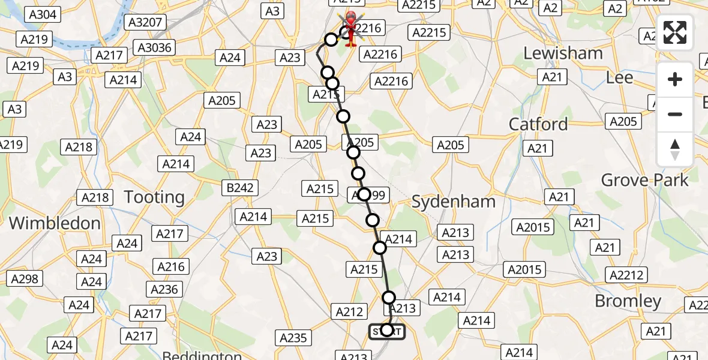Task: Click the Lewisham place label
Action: tap(563, 53)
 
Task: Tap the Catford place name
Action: tap(538, 124)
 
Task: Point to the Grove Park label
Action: tap(645, 179)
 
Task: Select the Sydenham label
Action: tap(454, 202)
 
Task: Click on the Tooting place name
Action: tap(154, 197)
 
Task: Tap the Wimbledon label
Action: tap(55, 223)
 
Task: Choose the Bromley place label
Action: tap(628, 301)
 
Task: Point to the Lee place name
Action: tap(619, 78)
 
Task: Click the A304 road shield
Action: tap(43, 14)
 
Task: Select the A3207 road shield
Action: tap(145, 23)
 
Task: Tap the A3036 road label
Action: tap(154, 47)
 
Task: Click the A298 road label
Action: tap(25, 278)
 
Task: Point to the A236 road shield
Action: tap(165, 290)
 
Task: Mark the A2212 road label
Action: tap(627, 275)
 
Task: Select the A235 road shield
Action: tap(293, 338)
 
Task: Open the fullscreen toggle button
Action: tap(675, 33)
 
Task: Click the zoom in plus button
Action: tap(675, 79)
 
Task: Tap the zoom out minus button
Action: tap(675, 114)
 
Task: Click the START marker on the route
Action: tap(387, 331)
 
